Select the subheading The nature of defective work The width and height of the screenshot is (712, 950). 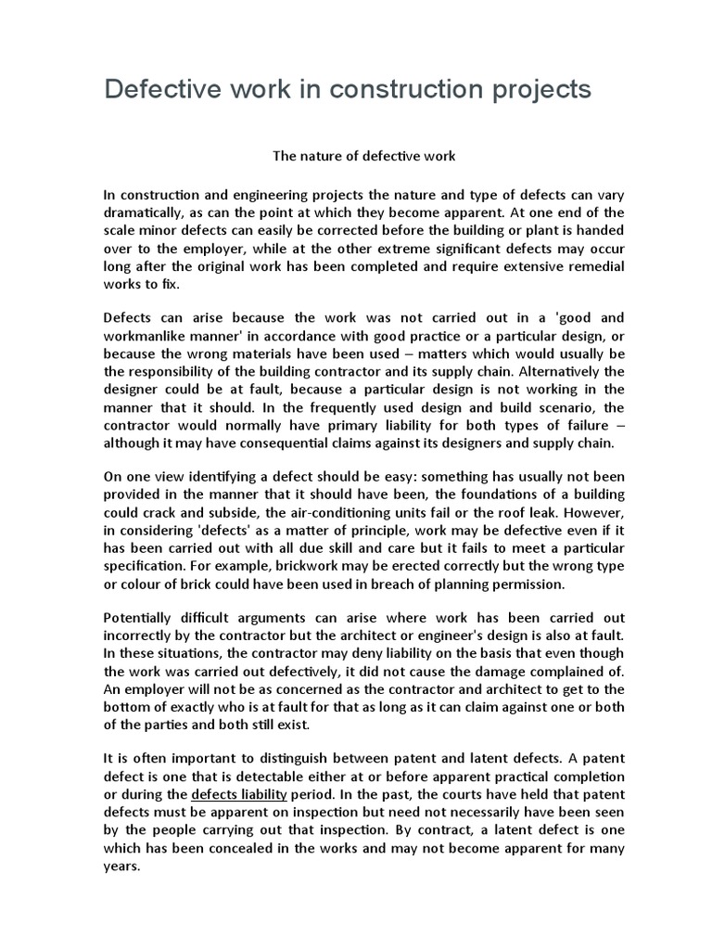363,156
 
